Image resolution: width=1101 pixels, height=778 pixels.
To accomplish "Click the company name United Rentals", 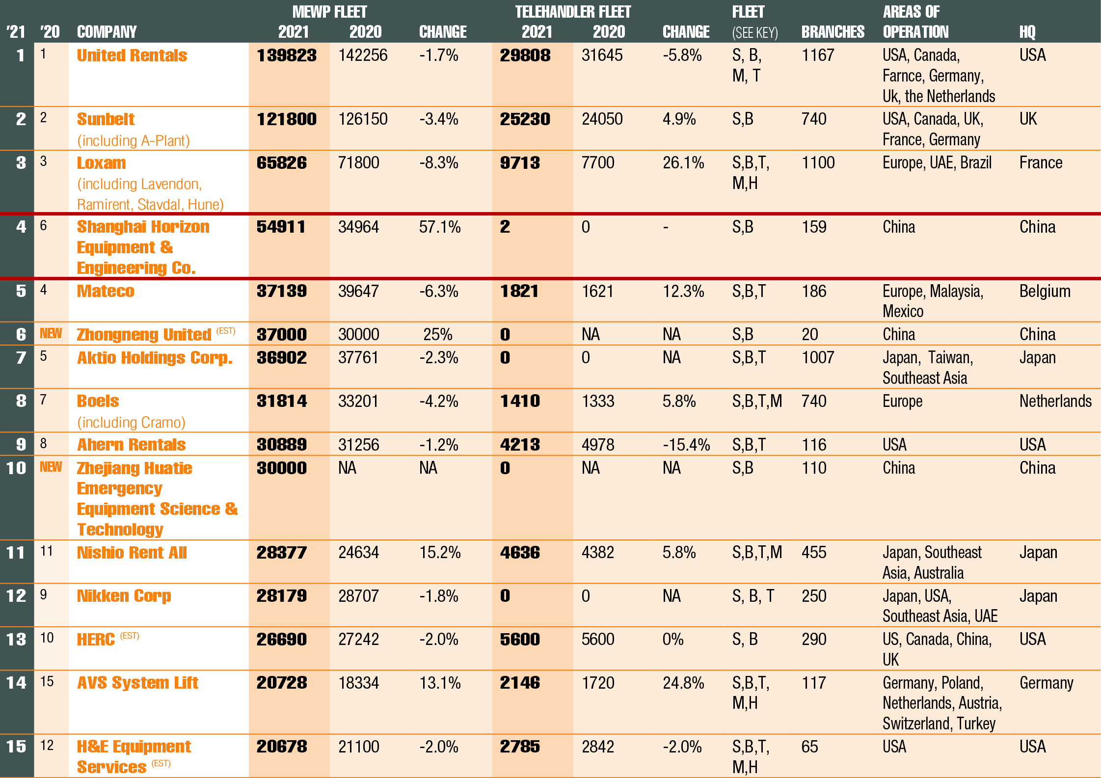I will click(x=132, y=55).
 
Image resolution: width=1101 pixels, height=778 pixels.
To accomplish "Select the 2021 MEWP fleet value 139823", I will click(x=287, y=55).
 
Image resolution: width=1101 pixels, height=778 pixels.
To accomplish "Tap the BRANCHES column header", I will click(x=832, y=32).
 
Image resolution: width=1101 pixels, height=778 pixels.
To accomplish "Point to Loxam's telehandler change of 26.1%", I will click(x=683, y=163).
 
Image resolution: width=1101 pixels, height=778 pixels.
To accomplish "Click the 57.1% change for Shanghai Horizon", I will click(x=439, y=227).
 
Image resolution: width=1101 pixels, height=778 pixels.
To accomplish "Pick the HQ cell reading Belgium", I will click(x=1045, y=291).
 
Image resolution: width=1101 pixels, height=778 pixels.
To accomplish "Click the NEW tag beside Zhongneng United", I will click(x=51, y=334).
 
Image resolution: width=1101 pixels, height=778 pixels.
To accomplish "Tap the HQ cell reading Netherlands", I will click(x=1055, y=401).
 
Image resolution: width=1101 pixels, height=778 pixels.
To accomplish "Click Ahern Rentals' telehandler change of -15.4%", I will click(x=686, y=445).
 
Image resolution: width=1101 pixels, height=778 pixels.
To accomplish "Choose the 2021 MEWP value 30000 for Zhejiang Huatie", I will click(x=281, y=468).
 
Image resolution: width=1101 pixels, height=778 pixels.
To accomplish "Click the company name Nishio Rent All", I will click(x=132, y=553).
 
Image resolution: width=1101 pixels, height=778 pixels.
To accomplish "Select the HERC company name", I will click(x=96, y=640).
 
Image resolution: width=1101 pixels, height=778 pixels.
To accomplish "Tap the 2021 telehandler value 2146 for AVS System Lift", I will click(x=520, y=683).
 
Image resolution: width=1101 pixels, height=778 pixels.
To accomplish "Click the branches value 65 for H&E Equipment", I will click(x=809, y=747).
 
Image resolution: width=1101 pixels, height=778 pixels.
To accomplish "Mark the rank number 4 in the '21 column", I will click(x=21, y=227).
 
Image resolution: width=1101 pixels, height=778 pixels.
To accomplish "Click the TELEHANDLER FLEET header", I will click(x=572, y=12).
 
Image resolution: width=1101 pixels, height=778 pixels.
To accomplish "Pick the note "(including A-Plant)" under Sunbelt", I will click(x=133, y=141).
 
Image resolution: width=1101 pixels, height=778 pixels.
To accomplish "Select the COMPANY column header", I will click(x=107, y=32).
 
